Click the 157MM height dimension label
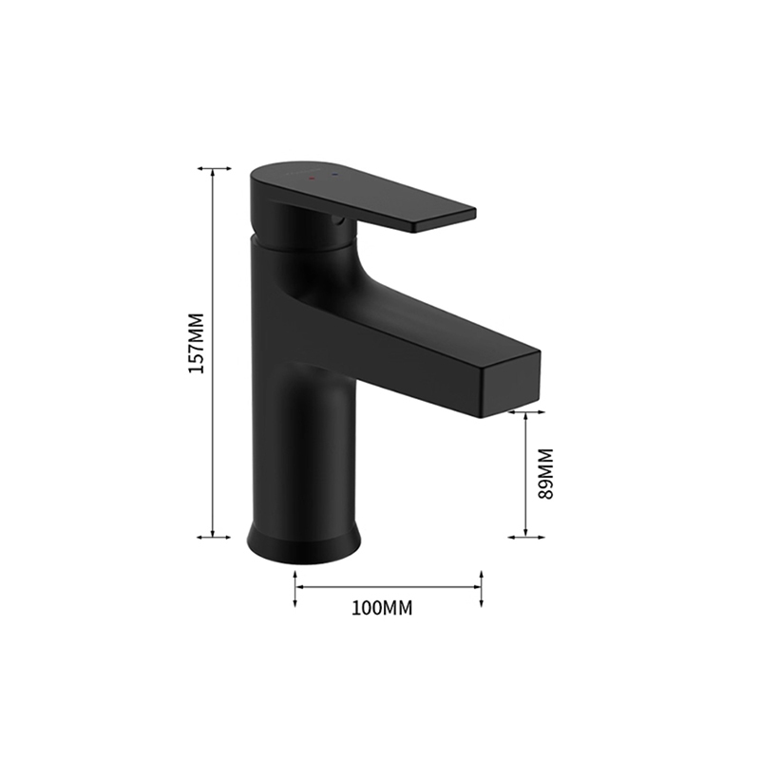click(197, 343)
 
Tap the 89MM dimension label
click(545, 473)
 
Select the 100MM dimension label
click(382, 608)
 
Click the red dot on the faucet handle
click(312, 180)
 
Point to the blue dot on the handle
click(333, 174)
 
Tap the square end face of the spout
click(510, 383)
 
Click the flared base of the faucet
click(304, 542)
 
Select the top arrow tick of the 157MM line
click(214, 169)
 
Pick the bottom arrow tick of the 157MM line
click(214, 537)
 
